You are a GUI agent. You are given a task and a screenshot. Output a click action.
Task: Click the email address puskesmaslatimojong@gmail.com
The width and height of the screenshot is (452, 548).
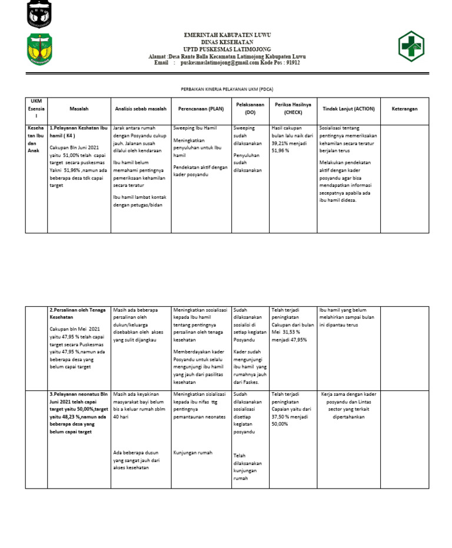point(220,63)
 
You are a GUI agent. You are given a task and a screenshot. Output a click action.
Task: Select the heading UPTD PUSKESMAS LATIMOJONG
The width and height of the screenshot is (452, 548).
point(227,49)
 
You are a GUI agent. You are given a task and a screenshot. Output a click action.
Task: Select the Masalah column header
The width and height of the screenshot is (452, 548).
point(79,109)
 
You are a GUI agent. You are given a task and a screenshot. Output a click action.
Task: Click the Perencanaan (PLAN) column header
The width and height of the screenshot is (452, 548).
point(201,109)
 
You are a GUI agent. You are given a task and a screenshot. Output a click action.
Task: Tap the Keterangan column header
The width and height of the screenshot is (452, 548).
point(404,109)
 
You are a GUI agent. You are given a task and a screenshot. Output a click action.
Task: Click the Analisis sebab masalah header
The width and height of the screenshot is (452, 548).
point(141,109)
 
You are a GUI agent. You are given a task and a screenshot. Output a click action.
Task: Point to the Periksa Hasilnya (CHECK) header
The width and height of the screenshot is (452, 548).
point(293,109)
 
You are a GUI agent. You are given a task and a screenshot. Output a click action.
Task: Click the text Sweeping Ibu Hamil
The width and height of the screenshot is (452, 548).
point(195,128)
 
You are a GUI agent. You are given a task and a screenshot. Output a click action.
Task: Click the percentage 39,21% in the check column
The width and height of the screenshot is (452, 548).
point(280,143)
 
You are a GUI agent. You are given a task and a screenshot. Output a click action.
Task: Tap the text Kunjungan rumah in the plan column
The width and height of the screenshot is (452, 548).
point(193,453)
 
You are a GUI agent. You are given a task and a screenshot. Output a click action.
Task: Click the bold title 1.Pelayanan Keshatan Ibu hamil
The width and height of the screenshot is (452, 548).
point(78,131)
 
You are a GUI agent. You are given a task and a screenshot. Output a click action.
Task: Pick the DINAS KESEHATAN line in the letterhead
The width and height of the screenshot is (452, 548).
point(227,42)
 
